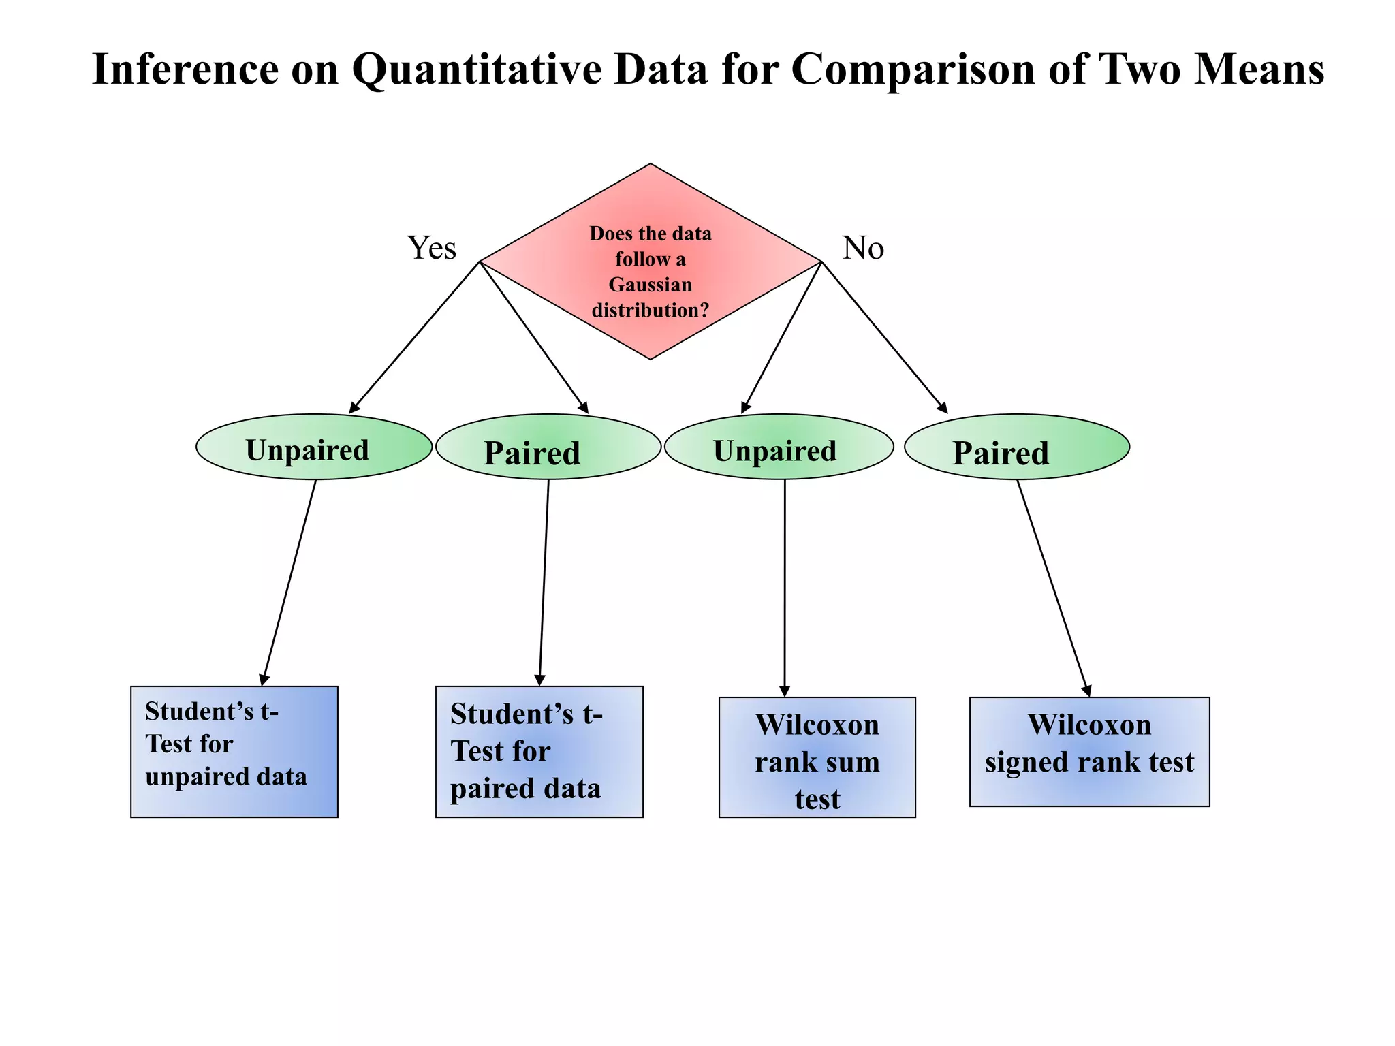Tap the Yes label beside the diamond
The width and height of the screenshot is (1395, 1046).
[432, 248]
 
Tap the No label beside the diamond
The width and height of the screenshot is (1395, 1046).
[863, 248]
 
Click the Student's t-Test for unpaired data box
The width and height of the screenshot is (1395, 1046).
[234, 751]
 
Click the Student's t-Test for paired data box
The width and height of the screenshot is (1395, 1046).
[539, 751]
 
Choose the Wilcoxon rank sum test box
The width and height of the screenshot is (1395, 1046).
[817, 757]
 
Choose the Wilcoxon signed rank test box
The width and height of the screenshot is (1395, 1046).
[1089, 751]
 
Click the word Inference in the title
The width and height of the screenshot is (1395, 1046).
[185, 69]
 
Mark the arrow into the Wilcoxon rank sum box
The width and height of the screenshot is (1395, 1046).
[785, 586]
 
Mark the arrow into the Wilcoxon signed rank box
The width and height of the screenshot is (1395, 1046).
[1053, 586]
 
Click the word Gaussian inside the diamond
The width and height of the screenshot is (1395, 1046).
[651, 285]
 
